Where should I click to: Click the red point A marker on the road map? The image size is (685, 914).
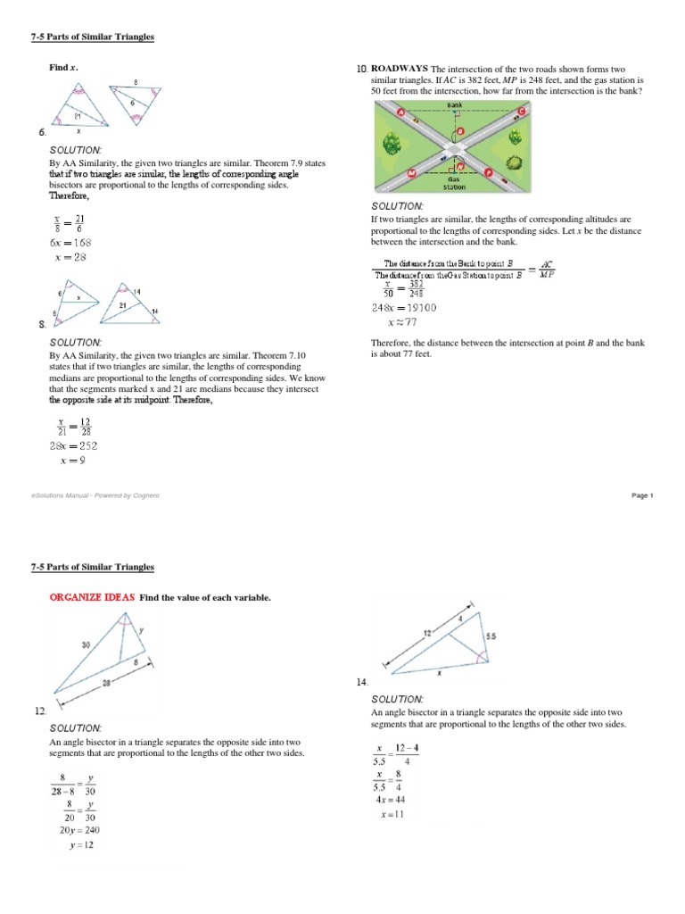tap(400, 112)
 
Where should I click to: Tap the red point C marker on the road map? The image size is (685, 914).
tap(520, 112)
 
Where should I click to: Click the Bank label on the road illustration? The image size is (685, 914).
tap(456, 105)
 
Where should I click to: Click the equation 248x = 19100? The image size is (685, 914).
tap(404, 307)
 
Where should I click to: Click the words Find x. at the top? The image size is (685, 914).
tap(63, 68)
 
